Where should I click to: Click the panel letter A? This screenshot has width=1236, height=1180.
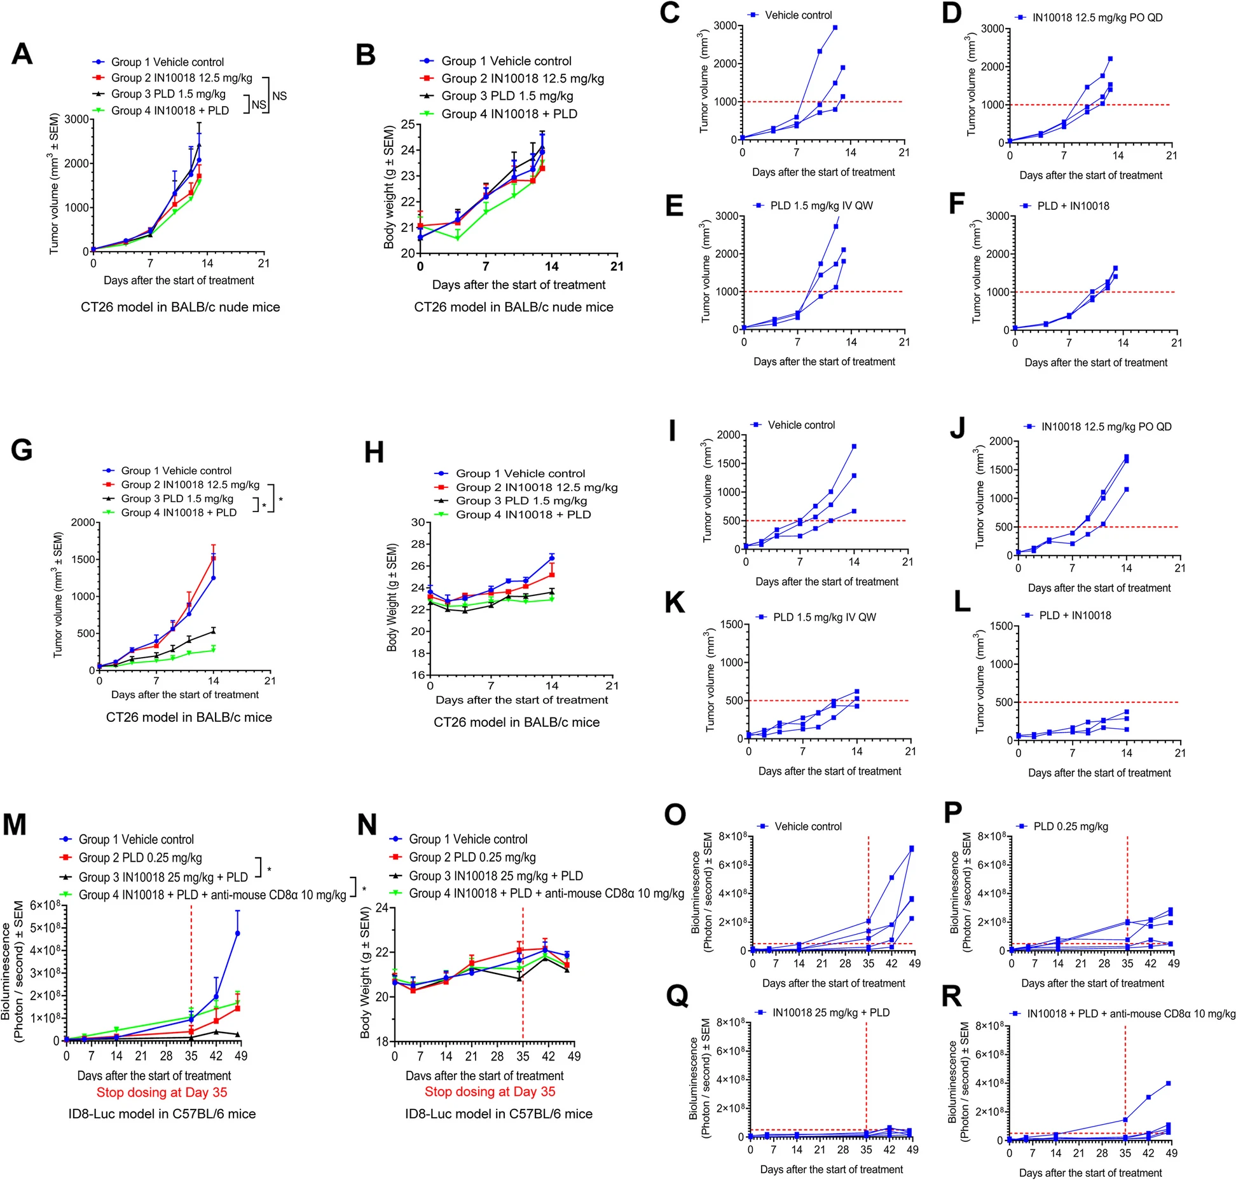(22, 54)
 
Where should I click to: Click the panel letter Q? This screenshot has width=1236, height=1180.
(678, 996)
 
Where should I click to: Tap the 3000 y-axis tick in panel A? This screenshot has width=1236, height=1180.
(76, 119)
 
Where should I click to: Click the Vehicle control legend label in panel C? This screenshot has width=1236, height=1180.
(798, 15)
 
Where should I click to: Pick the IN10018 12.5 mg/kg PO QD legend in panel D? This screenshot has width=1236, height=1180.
(1097, 18)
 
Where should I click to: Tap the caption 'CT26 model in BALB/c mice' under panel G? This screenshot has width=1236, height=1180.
(189, 717)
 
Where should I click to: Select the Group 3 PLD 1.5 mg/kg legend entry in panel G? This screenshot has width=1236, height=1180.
(177, 499)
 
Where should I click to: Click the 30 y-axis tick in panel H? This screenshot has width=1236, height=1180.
(418, 522)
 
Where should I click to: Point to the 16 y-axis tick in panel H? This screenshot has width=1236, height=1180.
(418, 675)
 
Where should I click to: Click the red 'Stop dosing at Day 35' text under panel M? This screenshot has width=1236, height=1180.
(161, 1092)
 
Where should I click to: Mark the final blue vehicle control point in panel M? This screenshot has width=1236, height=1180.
(238, 933)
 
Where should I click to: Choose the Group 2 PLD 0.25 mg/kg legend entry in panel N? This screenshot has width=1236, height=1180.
(472, 857)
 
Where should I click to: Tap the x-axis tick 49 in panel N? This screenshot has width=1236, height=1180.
(573, 1056)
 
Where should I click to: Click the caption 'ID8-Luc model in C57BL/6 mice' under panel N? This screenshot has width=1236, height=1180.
(498, 1114)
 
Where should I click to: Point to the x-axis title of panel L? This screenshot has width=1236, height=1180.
(1099, 773)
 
